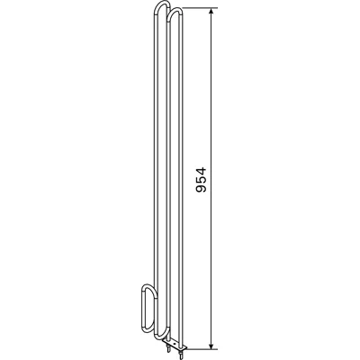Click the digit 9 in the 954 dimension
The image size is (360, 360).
201,188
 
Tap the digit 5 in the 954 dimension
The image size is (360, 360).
201,179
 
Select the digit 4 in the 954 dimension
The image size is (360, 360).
201,171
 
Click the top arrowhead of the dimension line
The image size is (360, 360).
211,13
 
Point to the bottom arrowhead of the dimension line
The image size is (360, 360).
211,345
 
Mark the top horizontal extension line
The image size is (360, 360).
200,7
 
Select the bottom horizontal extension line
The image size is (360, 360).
202,349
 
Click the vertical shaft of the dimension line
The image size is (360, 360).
211,178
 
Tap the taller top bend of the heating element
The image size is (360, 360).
162,4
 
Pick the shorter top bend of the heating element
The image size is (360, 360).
175,10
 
